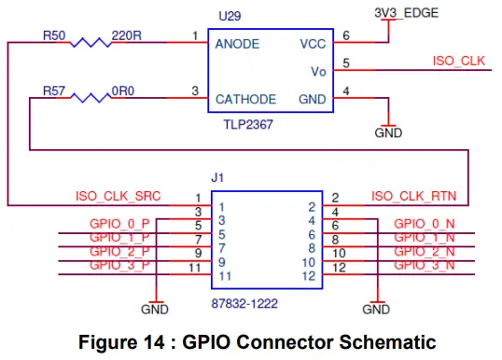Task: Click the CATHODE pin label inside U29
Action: coord(244,99)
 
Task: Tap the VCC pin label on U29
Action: coord(314,44)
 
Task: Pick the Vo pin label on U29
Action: coord(318,71)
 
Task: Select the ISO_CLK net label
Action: coord(458,61)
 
